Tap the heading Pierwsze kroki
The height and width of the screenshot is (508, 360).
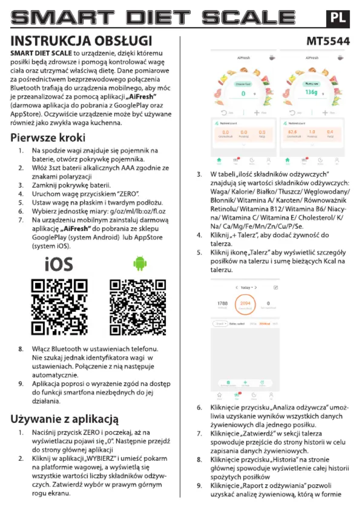tap(48, 137)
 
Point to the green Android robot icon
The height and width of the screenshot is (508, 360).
tap(140, 264)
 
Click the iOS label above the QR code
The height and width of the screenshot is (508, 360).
tap(59, 264)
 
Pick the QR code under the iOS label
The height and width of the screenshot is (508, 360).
tap(59, 307)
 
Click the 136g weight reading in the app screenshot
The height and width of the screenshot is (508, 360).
tap(311, 92)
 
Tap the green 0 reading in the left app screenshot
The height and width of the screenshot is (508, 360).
tap(243, 93)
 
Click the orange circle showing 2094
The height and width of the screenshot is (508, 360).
tap(245, 304)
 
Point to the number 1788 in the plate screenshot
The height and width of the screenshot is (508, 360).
tap(223, 303)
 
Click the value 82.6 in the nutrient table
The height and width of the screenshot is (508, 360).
tap(292, 132)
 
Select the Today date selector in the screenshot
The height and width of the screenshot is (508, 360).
tap(245, 287)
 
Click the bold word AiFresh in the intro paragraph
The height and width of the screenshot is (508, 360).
tap(143, 96)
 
